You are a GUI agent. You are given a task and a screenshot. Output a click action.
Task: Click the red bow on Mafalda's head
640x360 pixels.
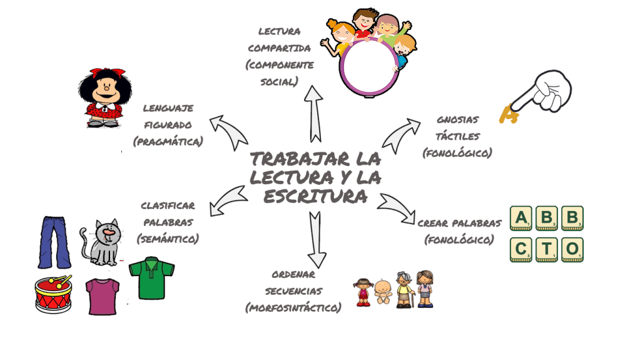point(100,73)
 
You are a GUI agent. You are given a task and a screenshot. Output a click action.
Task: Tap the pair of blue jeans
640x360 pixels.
point(54,242)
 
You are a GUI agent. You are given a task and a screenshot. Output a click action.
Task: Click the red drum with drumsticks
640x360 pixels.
point(53,294)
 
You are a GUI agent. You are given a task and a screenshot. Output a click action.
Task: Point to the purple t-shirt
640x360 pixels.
point(103,296)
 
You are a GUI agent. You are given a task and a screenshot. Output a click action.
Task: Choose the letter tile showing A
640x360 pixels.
point(521,217)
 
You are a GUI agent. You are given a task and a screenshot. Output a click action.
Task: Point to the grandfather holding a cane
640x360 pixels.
point(404,289)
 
